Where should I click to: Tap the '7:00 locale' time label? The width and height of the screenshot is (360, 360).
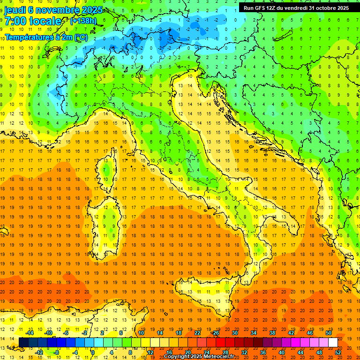click(x=33, y=21)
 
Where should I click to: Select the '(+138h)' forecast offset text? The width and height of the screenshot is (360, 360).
click(x=84, y=21)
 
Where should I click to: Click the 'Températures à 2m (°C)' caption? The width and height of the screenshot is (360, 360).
click(x=46, y=37)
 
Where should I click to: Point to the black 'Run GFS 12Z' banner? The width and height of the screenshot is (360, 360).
click(x=296, y=8)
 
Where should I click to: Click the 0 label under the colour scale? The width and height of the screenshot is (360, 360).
click(x=92, y=352)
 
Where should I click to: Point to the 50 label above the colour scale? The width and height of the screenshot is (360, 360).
click(x=328, y=333)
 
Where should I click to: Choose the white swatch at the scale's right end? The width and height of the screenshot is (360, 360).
click(x=333, y=343)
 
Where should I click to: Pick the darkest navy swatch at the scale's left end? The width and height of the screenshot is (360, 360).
click(x=23, y=343)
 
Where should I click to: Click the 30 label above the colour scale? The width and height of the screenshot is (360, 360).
click(x=235, y=333)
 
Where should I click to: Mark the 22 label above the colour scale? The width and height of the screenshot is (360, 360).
click(x=197, y=333)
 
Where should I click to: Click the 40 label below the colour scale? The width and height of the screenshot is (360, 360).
click(x=282, y=352)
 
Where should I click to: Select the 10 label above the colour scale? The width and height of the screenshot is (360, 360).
click(x=141, y=333)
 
